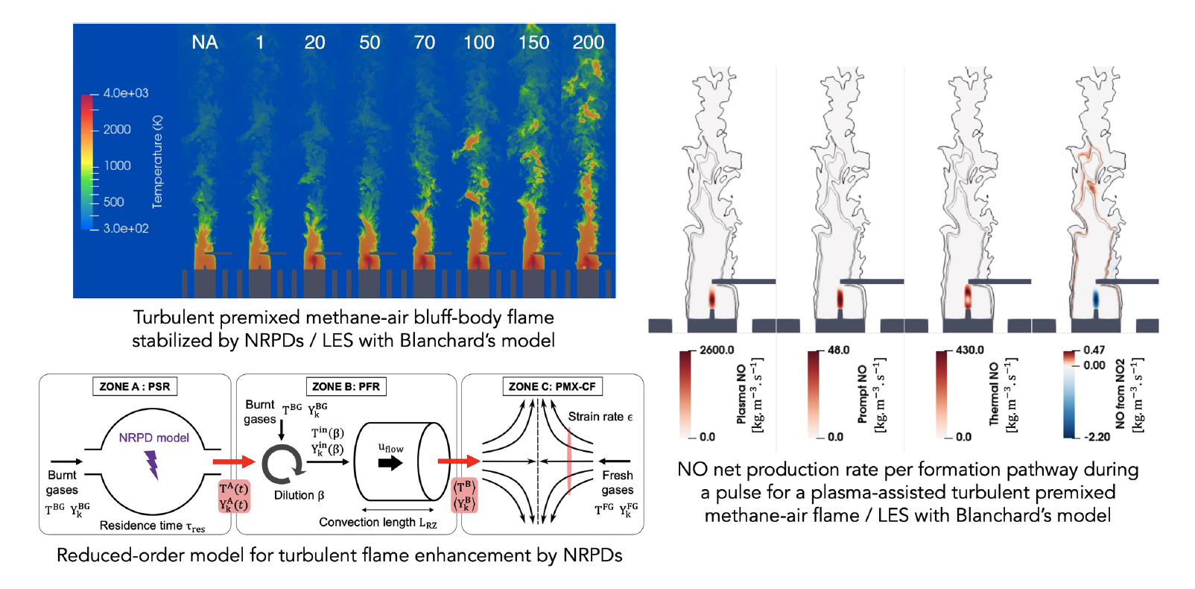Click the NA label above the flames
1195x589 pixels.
point(205,42)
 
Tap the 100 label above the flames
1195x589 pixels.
point(479,42)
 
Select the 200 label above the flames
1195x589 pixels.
point(589,42)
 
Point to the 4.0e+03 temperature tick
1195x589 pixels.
point(126,93)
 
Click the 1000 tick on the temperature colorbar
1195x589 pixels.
point(117,166)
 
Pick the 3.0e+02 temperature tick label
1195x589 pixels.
point(126,228)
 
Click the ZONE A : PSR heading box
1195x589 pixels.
point(135,386)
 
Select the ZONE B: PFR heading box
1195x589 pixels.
point(346,386)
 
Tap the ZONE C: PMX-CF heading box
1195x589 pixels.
point(552,386)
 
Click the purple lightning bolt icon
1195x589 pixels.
point(153,464)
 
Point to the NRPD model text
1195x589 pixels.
point(154,438)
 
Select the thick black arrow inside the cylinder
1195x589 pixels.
point(390,463)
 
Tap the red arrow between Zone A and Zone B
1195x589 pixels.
point(234,462)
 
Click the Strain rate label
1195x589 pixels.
point(600,417)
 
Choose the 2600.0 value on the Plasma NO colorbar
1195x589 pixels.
point(717,350)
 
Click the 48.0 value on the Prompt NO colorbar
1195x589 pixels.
point(839,350)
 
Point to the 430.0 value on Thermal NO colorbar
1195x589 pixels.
point(970,350)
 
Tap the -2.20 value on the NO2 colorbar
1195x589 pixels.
point(1098,437)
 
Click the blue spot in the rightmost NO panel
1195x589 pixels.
point(1096,299)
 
